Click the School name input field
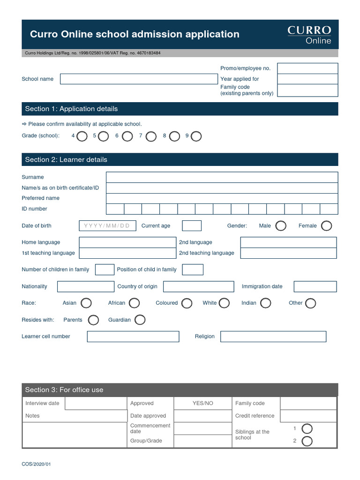point(139,79)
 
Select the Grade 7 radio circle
point(151,136)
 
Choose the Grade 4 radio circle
point(82,136)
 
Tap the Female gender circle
point(326,226)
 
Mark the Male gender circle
point(281,226)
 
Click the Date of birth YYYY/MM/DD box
point(108,226)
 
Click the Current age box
point(191,226)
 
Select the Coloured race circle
point(187,303)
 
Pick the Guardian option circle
point(140,320)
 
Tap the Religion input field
point(273,337)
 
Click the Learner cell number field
point(133,337)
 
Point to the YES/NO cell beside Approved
point(202,403)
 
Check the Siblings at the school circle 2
point(307,441)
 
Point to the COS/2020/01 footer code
point(36,464)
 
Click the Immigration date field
point(315,286)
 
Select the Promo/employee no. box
point(307,68)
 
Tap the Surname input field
point(222,177)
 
